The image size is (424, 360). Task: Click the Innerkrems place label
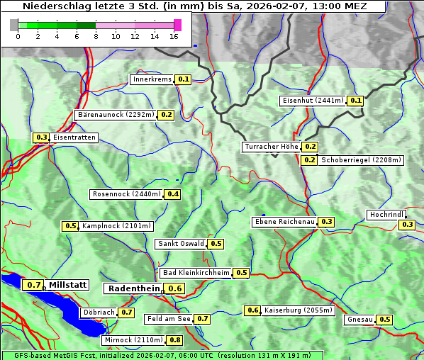click(x=152, y=79)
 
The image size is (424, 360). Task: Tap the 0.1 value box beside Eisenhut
click(x=356, y=101)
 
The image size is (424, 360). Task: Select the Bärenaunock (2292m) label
click(x=114, y=114)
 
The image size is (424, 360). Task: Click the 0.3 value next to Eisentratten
click(x=42, y=137)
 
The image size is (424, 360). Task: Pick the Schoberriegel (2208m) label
click(x=362, y=160)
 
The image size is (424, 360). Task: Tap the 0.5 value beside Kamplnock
click(x=71, y=226)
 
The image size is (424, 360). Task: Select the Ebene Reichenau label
click(x=284, y=222)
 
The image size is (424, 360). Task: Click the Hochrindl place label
click(x=386, y=215)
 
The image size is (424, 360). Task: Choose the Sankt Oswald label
click(x=180, y=244)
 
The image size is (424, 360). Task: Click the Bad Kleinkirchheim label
click(x=196, y=273)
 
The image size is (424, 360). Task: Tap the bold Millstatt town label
click(x=67, y=285)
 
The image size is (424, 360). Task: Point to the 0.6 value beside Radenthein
click(x=175, y=288)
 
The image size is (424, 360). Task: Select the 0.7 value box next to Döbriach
click(x=126, y=312)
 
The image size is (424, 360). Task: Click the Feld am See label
click(x=169, y=319)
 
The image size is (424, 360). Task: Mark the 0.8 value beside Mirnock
click(x=175, y=340)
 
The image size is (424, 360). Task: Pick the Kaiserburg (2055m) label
click(x=298, y=310)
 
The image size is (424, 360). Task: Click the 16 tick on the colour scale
click(x=174, y=36)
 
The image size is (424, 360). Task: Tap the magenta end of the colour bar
click(x=177, y=25)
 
